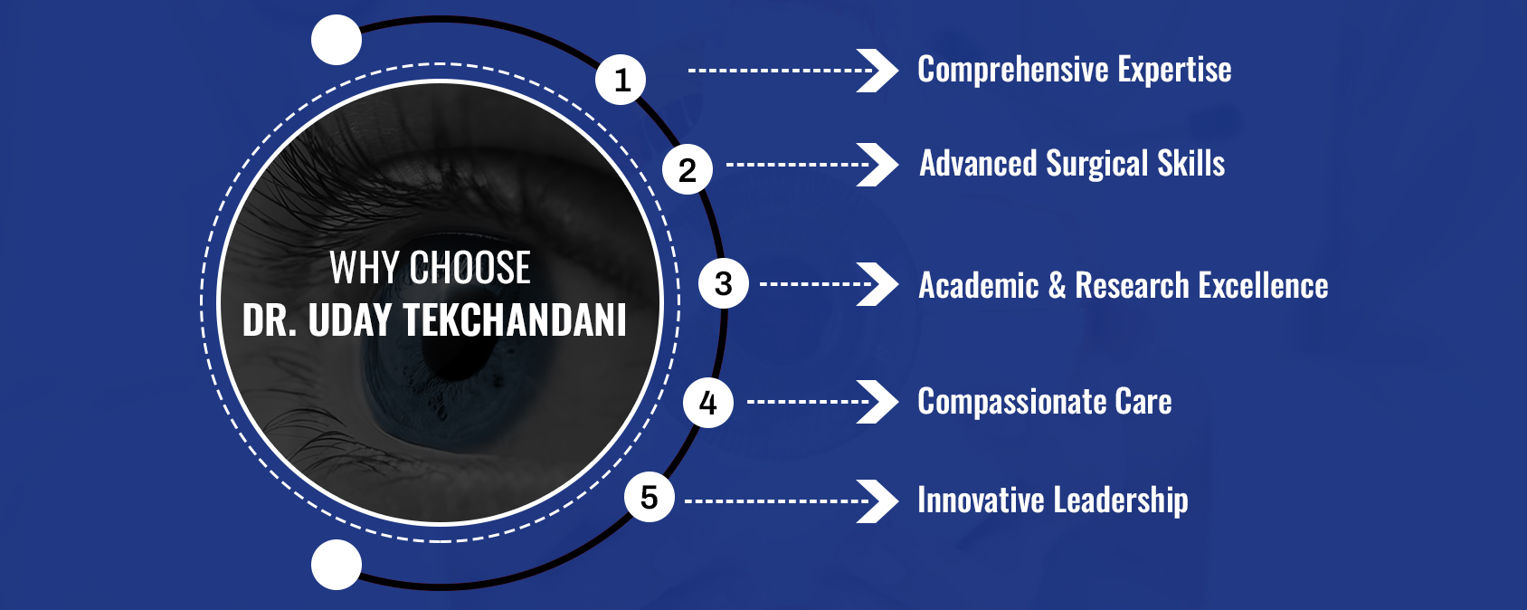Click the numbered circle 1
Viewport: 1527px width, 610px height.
tap(621, 80)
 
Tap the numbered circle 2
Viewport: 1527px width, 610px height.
tap(688, 169)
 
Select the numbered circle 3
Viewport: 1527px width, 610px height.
tap(724, 283)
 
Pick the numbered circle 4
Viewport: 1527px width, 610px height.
tap(708, 403)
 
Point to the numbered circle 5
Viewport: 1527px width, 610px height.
tap(649, 497)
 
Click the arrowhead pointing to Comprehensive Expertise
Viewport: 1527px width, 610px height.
tap(878, 71)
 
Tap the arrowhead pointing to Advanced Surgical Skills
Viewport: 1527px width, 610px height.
tap(878, 165)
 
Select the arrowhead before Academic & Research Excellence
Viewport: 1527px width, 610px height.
tap(878, 284)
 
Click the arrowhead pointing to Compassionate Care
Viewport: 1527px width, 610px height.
tap(878, 401)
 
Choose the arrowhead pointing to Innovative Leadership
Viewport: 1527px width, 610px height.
tap(878, 500)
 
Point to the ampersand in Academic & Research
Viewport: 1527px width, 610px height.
tap(1057, 285)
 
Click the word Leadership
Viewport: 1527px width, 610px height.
tap(1121, 500)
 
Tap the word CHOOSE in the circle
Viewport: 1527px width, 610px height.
tap(469, 267)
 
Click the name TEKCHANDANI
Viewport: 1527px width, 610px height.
tap(515, 319)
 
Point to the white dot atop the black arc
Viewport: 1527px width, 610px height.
tap(337, 40)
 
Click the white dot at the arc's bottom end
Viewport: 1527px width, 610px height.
tap(337, 565)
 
